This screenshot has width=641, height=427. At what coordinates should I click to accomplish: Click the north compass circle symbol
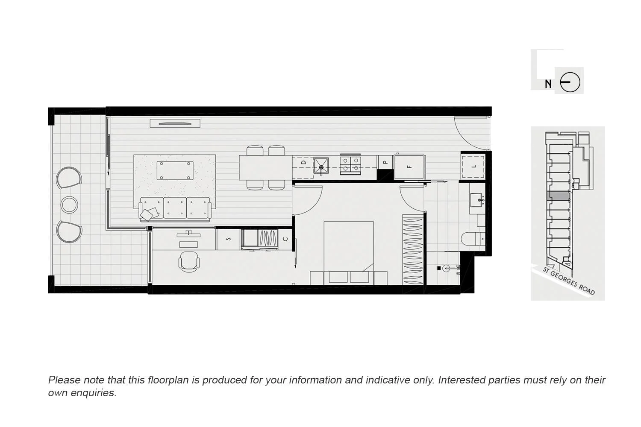(x=570, y=82)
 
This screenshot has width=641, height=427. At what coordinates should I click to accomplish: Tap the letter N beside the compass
(x=548, y=84)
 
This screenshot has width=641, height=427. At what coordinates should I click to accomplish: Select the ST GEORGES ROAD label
(x=568, y=281)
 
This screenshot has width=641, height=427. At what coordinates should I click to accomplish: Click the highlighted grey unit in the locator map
(x=558, y=196)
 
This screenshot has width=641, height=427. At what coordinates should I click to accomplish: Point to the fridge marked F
(x=409, y=167)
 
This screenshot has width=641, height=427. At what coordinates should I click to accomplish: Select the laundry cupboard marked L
(x=473, y=167)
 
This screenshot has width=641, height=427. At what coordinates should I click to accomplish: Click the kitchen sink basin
(x=321, y=165)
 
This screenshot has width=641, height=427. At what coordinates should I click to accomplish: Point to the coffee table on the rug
(x=175, y=171)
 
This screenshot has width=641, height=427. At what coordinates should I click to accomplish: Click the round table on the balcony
(x=69, y=205)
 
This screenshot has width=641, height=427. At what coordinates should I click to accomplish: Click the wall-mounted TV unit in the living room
(x=175, y=123)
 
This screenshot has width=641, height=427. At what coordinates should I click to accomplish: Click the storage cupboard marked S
(x=228, y=239)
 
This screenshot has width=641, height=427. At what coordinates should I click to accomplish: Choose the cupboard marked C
(x=285, y=239)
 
